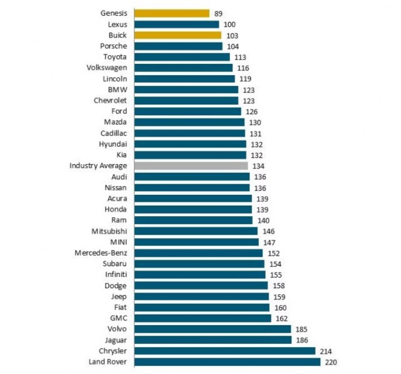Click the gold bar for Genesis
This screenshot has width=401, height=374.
[171, 13]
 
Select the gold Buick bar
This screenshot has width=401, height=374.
[177, 35]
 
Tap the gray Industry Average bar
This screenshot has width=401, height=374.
[190, 166]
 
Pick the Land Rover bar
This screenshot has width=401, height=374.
[227, 362]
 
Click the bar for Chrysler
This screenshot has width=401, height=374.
[224, 351]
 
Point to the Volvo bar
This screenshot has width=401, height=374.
[212, 329]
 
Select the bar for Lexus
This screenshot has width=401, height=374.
[176, 24]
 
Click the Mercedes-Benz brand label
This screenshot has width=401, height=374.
[100, 253]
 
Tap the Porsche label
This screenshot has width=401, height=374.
[113, 46]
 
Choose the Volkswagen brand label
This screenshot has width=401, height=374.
[107, 68]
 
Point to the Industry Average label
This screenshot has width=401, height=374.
[98, 166]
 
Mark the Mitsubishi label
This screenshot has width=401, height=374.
[109, 231]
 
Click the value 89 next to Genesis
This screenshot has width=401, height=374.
[219, 13]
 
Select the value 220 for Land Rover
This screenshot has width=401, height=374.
[330, 362]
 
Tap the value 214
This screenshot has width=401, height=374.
[326, 351]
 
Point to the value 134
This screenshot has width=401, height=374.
[258, 166]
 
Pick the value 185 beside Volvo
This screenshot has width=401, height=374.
[301, 329]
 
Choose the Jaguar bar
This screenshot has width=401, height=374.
[212, 340]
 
